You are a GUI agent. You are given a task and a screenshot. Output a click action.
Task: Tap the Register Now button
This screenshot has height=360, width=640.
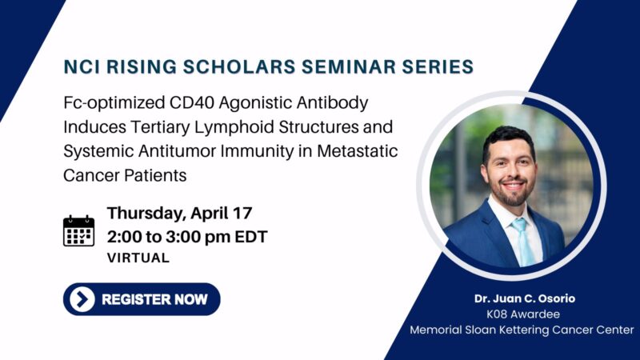(x=141, y=299)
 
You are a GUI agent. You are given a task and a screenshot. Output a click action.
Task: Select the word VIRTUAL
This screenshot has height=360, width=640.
(x=138, y=258)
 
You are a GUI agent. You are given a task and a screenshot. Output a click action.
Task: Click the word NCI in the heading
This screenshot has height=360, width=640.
(x=84, y=67)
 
